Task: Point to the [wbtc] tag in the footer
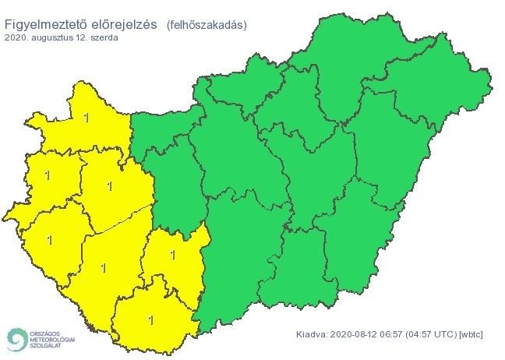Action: (471, 334)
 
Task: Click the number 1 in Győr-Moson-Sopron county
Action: (85, 118)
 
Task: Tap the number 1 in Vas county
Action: (48, 175)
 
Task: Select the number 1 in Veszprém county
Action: (108, 185)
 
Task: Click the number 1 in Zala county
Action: (50, 239)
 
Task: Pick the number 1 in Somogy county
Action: (103, 267)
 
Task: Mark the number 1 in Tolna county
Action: (172, 254)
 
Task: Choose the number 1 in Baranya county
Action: (150, 319)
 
